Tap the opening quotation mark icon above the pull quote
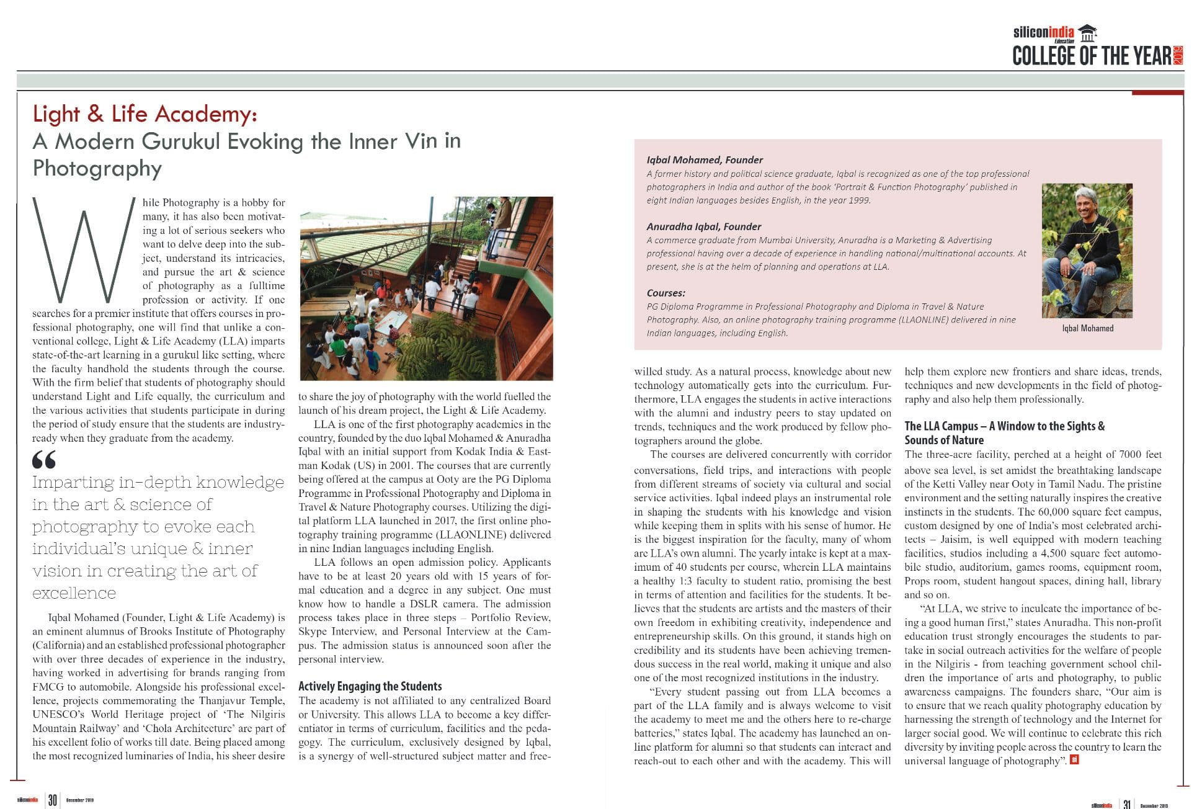pos(44,460)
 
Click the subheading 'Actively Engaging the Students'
pos(370,686)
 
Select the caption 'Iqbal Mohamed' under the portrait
pos(1087,328)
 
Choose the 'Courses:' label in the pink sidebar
pos(666,293)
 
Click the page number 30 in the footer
pos(53,800)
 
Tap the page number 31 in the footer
pos(1126,804)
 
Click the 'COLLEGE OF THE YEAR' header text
pos(1092,56)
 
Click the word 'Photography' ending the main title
pos(97,168)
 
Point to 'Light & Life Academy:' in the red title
pos(145,114)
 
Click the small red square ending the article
pos(1075,759)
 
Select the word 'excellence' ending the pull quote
pos(74,593)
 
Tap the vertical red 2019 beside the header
pos(1178,55)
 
